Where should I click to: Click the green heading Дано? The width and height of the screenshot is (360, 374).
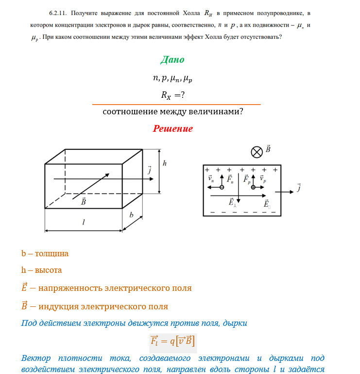172,60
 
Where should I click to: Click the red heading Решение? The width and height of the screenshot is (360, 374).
172,129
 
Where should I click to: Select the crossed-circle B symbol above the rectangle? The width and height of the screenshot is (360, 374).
256,152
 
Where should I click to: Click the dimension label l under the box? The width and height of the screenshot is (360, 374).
84,222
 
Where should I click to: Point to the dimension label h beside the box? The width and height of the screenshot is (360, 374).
165,164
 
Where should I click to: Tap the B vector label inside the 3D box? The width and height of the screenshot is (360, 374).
84,201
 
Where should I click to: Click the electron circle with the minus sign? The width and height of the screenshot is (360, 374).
222,187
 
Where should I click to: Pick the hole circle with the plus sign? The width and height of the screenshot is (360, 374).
253,187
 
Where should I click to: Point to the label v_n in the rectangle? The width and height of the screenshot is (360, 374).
211,179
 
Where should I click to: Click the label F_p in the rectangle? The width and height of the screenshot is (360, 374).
247,179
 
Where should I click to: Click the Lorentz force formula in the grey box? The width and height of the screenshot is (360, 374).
172,340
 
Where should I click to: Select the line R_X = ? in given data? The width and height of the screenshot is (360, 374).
172,96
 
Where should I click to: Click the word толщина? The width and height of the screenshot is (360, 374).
51,253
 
